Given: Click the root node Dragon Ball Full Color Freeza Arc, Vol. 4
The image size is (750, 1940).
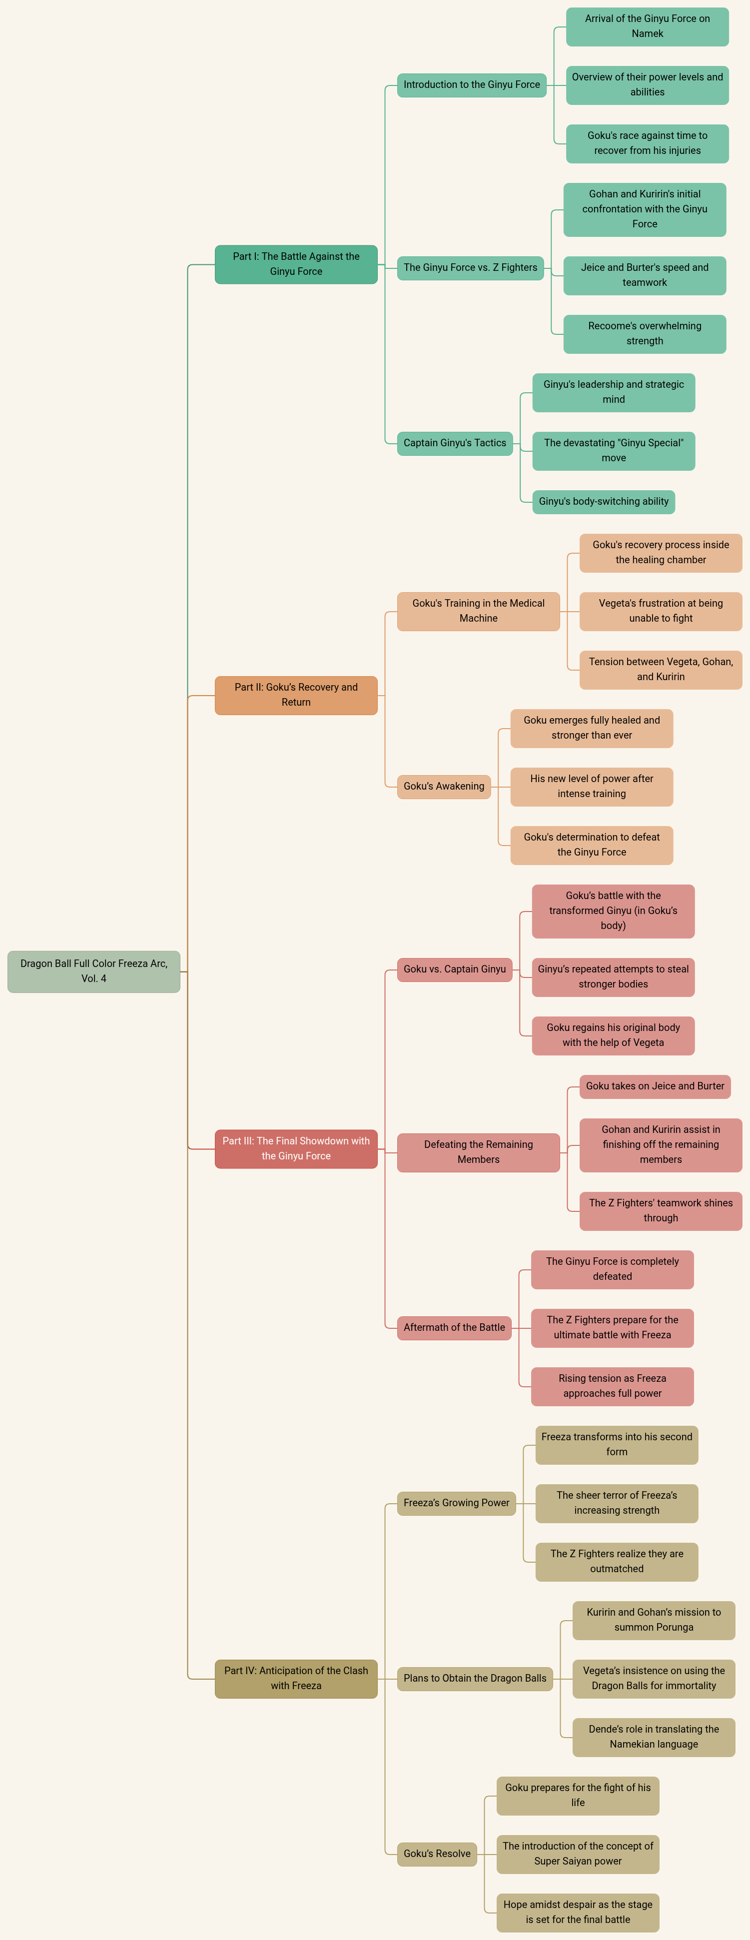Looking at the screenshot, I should tap(93, 971).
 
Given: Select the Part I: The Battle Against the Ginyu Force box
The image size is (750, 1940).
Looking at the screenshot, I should tap(296, 264).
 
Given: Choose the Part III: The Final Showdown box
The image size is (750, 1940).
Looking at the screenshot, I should tap(296, 1148).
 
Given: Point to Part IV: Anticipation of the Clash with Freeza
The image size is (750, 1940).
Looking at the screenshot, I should tap(296, 1678).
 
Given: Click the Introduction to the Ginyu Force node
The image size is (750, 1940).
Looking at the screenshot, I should tap(471, 85).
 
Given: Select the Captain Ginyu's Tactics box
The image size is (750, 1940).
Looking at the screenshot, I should tap(455, 443).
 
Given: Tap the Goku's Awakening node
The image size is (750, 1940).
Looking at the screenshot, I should tap(444, 786).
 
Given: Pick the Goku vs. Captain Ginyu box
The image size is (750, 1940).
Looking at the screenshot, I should tap(454, 969).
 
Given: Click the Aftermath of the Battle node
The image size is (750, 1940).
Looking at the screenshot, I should tap(454, 1327).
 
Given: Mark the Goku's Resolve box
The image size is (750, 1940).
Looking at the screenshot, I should tap(437, 1854).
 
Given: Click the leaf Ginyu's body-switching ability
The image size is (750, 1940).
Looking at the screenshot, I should tap(603, 502).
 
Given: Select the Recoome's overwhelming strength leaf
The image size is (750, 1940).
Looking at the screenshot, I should tap(645, 334).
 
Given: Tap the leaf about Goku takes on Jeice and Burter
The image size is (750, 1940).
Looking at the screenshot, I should tap(655, 1086).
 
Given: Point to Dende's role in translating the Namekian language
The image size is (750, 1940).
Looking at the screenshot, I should tap(654, 1737).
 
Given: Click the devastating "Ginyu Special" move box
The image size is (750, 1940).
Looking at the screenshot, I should tap(613, 450).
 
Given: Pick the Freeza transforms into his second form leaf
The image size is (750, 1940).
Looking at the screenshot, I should tap(616, 1444).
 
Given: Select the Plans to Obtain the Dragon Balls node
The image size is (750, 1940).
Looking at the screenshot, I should tap(474, 1678).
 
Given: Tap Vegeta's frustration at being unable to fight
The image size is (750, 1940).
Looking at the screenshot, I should tap(661, 611).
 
